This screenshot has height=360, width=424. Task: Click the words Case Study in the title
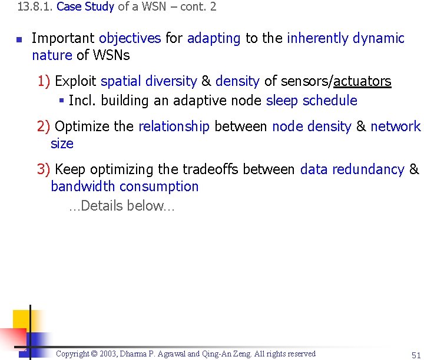[85, 7]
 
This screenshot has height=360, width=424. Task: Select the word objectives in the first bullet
[130, 39]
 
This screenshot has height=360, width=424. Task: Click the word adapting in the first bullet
[214, 39]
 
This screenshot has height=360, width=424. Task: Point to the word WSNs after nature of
[111, 56]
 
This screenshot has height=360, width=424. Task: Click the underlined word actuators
[362, 81]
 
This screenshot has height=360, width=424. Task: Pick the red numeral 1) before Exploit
[44, 81]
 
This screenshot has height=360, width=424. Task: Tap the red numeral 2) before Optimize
[44, 126]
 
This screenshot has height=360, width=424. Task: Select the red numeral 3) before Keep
[44, 169]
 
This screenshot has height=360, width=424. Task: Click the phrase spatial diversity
[149, 81]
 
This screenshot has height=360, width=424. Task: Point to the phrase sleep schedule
[312, 101]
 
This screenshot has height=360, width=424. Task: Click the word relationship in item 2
[174, 126]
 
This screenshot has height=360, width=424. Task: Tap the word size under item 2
[62, 144]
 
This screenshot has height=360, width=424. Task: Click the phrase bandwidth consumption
[125, 186]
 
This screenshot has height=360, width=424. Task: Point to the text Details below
[122, 206]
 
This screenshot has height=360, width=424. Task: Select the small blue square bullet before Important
[19, 41]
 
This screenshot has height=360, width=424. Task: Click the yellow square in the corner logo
[22, 321]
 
